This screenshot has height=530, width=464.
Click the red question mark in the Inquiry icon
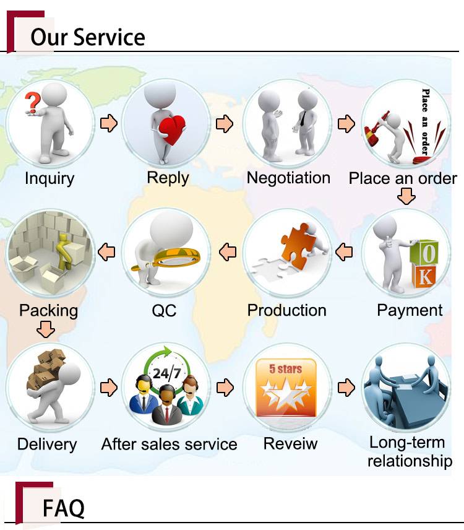tap(32, 102)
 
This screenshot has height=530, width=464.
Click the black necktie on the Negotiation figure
tap(303, 118)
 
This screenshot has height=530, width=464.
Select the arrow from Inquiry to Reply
tap(109, 123)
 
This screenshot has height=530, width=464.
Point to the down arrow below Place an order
tap(406, 196)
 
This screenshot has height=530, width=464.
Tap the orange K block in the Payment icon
tap(424, 276)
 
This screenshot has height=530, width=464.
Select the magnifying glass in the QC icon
tap(169, 261)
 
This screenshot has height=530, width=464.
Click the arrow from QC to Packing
tap(106, 252)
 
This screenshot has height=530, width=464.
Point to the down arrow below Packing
tap(46, 329)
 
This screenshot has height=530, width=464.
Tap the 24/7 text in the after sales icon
tap(166, 373)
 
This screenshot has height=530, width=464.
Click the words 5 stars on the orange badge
tap(285, 369)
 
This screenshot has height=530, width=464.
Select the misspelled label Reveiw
tap(290, 443)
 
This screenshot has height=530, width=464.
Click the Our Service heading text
tap(88, 37)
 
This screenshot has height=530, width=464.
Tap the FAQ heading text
tap(64, 508)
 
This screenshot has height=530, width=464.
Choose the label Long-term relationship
tap(410, 451)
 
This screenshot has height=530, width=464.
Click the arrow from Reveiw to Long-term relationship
tap(346, 388)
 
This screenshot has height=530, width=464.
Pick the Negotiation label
tap(288, 178)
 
